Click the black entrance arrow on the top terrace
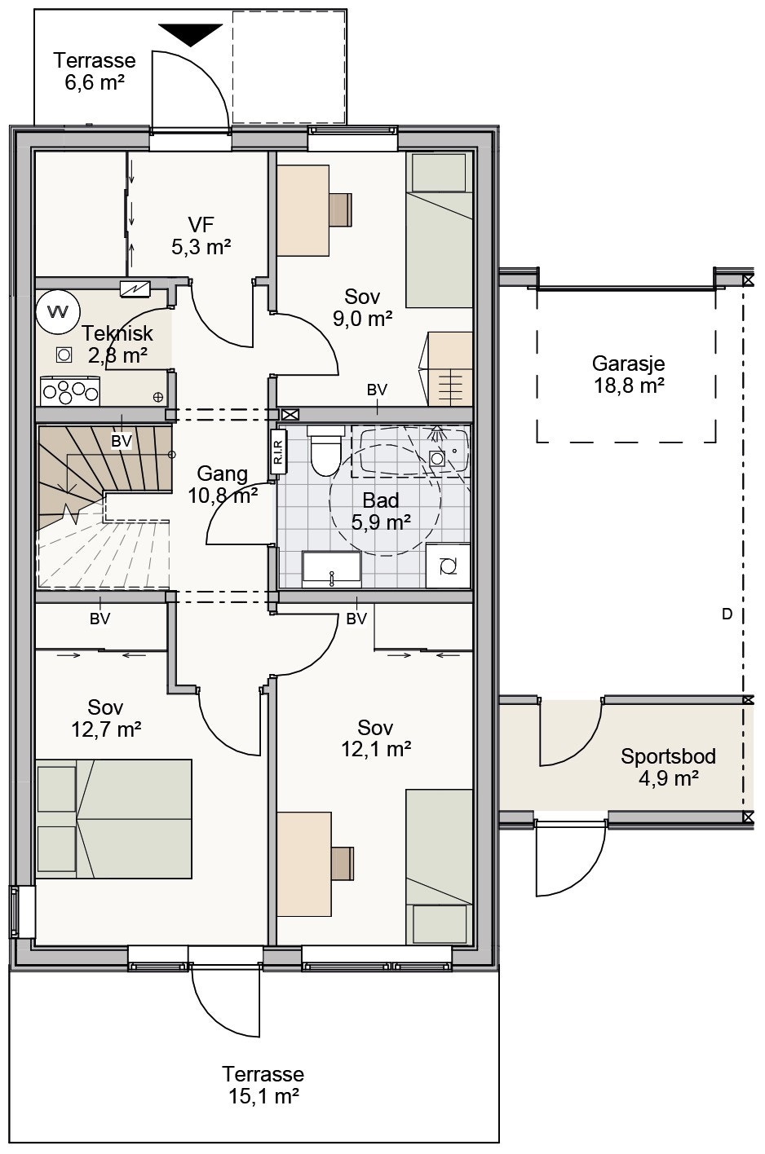point(191,34)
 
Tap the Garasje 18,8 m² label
point(628,375)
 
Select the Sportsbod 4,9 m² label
point(668,767)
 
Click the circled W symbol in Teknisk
point(58,311)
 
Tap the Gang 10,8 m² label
point(223,484)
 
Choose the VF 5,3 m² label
point(201,236)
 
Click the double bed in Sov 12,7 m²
point(113,818)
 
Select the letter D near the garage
point(727,614)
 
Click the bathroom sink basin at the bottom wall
point(331,570)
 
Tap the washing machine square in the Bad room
point(448,566)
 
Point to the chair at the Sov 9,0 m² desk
point(341,209)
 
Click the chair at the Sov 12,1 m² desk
point(343,864)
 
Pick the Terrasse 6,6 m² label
point(95,71)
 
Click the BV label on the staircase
point(122,441)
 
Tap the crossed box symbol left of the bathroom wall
point(290,414)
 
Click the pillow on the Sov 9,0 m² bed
point(440,172)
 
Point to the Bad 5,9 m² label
point(381,511)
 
